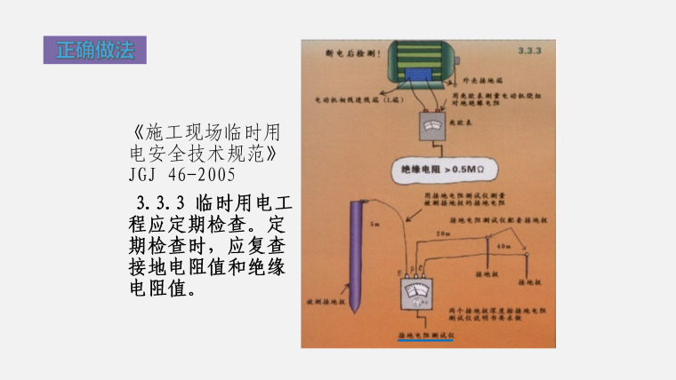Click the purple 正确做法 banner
click(94, 50)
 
